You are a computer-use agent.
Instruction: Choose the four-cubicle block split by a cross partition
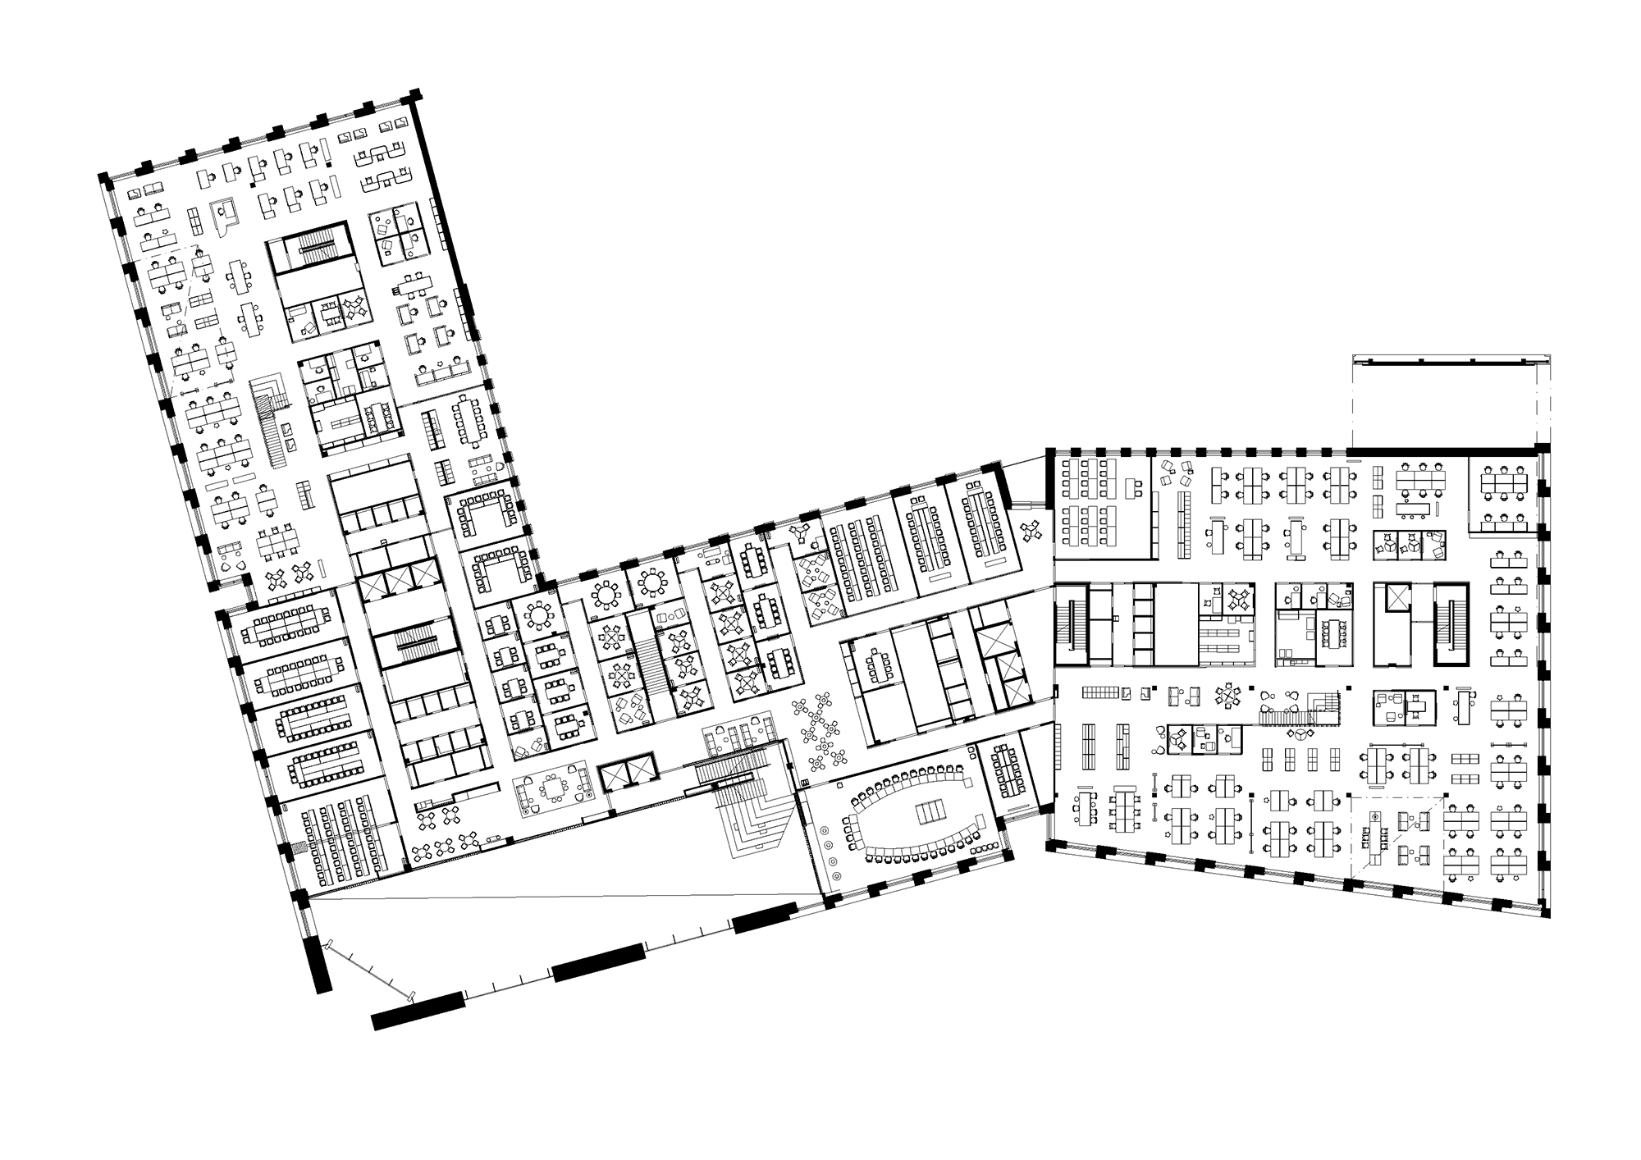pyautogui.click(x=395, y=232)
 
